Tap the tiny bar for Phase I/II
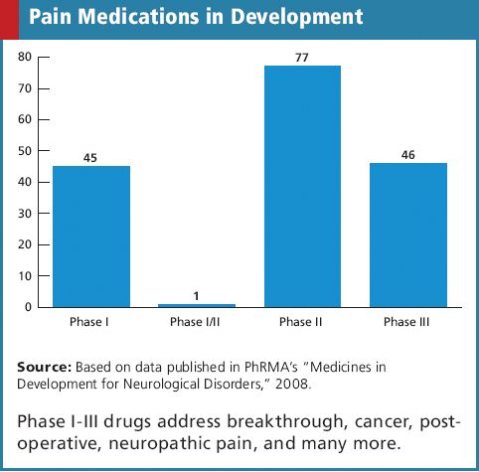[x=197, y=304]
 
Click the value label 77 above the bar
[x=302, y=57]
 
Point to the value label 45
[x=90, y=156]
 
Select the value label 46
[x=407, y=153]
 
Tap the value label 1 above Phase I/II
[x=197, y=294]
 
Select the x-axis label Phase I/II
[x=196, y=322]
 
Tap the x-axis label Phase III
[x=407, y=322]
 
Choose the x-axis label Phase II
[x=302, y=322]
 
